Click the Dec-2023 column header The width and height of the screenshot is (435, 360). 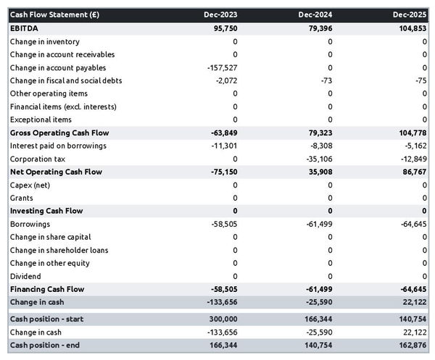[x=220, y=14]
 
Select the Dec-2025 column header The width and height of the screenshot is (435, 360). [x=410, y=14]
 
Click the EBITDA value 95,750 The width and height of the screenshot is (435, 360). [x=223, y=28]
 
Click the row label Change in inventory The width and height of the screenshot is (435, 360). [x=44, y=41]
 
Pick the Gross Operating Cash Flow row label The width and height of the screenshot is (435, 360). [x=60, y=133]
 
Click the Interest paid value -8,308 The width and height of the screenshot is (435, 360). [x=319, y=146]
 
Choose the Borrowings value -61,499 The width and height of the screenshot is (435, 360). [x=317, y=225]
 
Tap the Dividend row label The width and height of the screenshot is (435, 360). [x=25, y=276]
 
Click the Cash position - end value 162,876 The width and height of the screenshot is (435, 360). [x=411, y=346]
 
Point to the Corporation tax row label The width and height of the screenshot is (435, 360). [x=37, y=159]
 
